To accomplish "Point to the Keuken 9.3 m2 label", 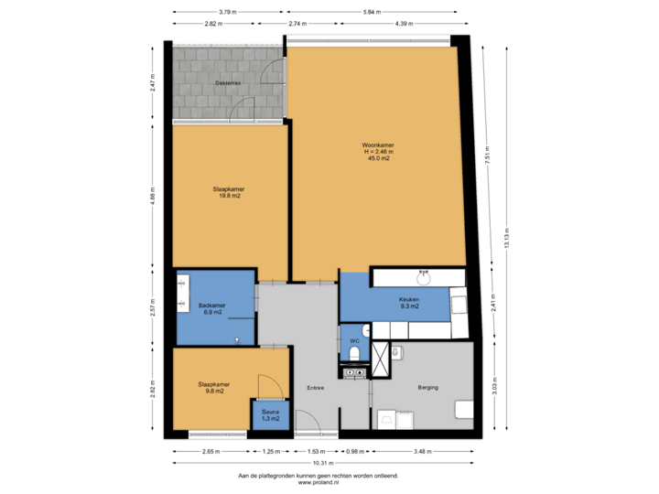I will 408,303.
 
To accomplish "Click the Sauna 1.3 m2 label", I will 270,416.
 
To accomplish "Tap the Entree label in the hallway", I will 316,388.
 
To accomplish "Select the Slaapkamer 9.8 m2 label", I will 212,388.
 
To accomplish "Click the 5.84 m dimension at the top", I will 371,12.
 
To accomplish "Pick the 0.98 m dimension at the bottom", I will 354,451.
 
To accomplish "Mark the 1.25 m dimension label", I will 270,451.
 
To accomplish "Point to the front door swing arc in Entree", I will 309,420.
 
